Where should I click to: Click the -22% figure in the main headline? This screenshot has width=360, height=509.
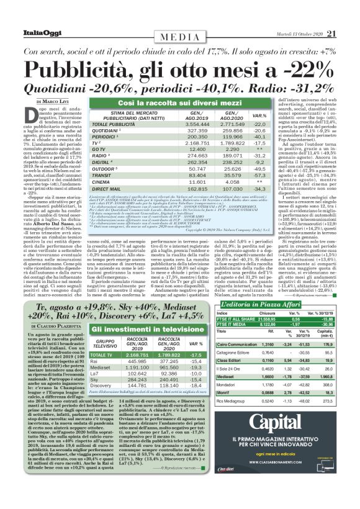(304, 68)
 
